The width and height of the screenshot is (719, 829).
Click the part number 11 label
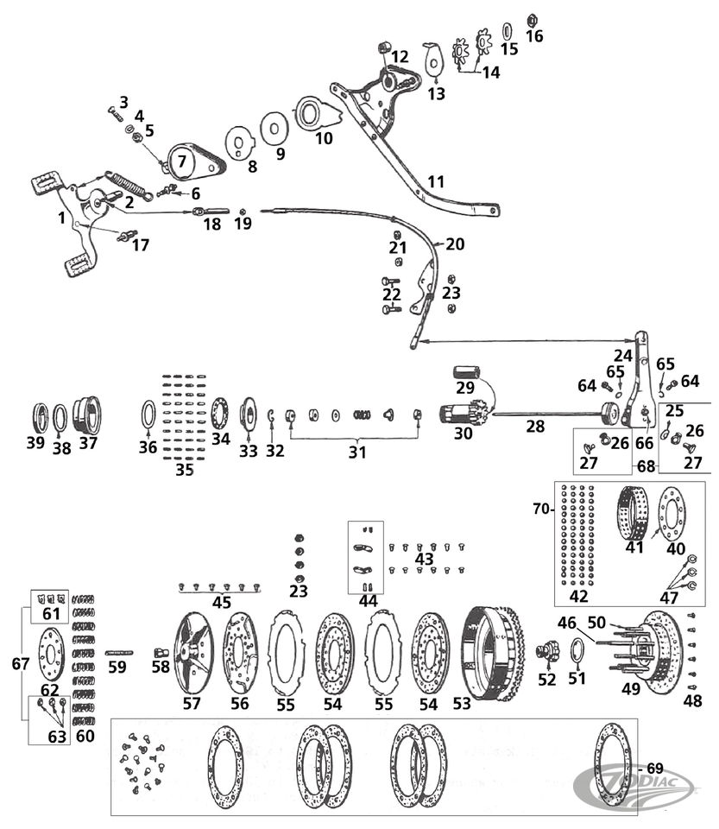(436, 182)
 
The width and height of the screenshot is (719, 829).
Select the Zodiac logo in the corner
(637, 787)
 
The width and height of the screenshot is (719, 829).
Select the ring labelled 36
(148, 414)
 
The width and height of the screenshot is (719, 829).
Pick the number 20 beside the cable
(455, 244)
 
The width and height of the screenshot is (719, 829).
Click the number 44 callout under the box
(369, 601)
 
